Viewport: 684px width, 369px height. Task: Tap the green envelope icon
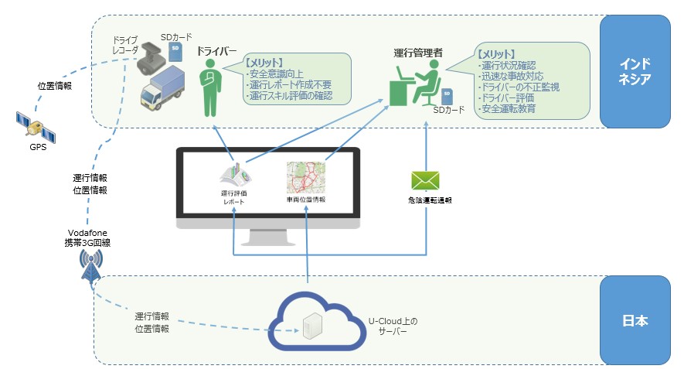pyautogui.click(x=425, y=180)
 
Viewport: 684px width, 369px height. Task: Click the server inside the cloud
pyautogui.click(x=311, y=326)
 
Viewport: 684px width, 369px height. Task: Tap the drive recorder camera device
pyautogui.click(x=151, y=61)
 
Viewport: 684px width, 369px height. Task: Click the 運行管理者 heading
pyautogui.click(x=418, y=53)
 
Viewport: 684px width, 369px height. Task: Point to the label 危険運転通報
pyautogui.click(x=429, y=200)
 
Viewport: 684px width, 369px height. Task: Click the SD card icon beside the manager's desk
pyautogui.click(x=446, y=97)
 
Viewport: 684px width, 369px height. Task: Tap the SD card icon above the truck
pyautogui.click(x=176, y=51)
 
